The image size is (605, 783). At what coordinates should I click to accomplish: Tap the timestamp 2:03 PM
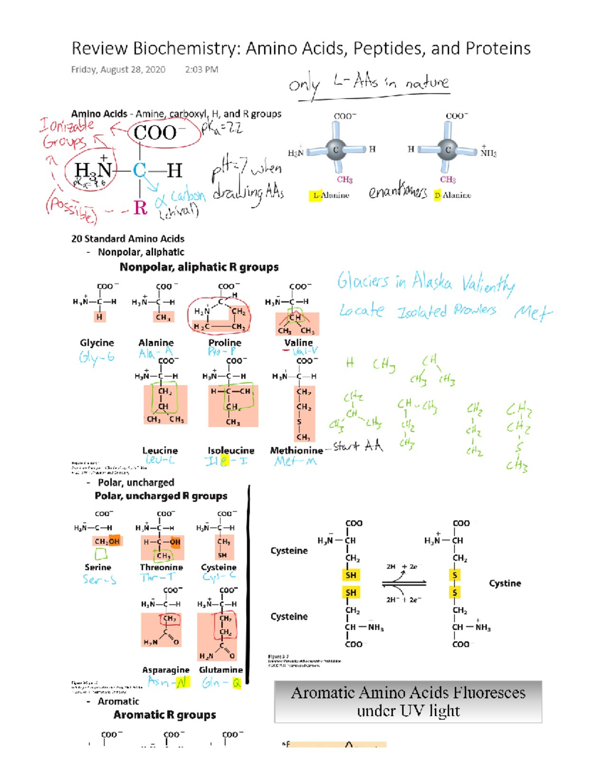point(202,70)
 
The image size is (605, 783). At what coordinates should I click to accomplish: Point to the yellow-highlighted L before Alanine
point(316,195)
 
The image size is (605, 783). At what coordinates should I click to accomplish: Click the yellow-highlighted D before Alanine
point(437,195)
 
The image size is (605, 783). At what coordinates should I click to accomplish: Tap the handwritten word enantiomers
point(397,192)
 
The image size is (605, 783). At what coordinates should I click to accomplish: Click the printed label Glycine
point(97,343)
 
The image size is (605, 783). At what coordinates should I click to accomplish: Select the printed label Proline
point(225,343)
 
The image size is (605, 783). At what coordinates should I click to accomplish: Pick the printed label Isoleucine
point(231,450)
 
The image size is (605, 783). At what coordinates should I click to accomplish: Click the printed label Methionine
point(296,450)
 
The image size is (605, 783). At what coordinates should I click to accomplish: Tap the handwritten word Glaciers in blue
point(363,281)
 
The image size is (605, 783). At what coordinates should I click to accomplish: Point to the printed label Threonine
point(161,567)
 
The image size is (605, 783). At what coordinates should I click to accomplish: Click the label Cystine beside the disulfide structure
point(505,583)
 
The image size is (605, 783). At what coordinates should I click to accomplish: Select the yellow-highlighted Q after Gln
point(236,683)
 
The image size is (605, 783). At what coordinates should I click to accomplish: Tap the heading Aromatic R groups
point(164,715)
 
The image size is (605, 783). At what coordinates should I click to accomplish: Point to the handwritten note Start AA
point(358,446)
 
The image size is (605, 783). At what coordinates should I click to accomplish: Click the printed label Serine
point(98,567)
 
